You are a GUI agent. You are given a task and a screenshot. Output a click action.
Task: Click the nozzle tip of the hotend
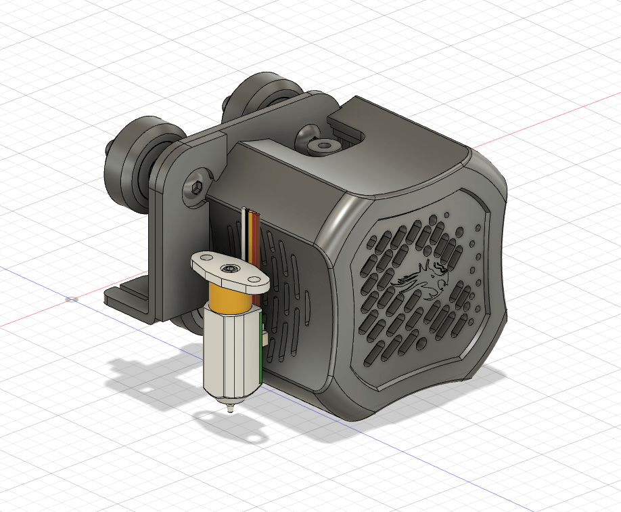coord(229,409)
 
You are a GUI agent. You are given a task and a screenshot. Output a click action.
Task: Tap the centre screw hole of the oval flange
coord(231,269)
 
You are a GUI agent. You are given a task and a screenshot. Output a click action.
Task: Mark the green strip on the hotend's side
coord(261,352)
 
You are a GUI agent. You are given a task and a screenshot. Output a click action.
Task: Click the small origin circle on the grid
coord(72,299)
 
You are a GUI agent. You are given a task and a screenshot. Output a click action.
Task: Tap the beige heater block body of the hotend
coord(230,352)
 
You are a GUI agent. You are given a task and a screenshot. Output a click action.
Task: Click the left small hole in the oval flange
coord(204,259)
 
